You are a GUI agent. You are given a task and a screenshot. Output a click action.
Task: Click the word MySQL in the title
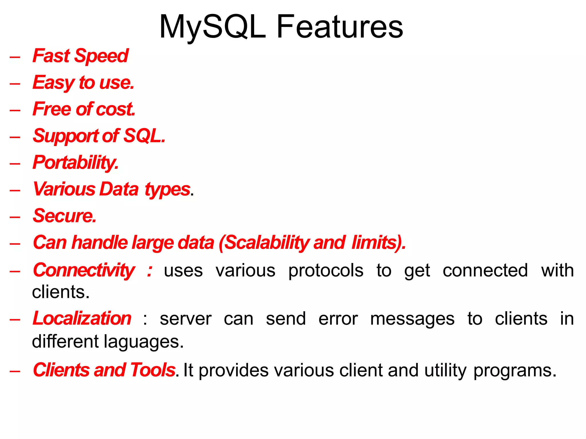pos(212,27)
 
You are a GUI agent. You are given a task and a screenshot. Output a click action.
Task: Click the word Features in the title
pos(340,27)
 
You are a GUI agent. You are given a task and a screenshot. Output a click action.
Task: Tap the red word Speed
pos(101,56)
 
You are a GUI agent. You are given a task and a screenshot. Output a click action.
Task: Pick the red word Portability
pos(75,163)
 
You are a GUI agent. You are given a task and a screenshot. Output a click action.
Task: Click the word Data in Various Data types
pos(119,189)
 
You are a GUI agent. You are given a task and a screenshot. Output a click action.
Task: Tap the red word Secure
pos(64,216)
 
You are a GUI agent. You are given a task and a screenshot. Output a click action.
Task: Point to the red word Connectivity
pos(84,270)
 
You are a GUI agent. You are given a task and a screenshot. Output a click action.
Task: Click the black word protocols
pos(326,271)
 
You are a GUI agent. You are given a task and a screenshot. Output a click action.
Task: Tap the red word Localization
pos(82,318)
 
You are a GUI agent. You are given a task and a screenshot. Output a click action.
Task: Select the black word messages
pos(412,319)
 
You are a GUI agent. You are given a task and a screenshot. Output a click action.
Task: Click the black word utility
pos(445,370)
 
